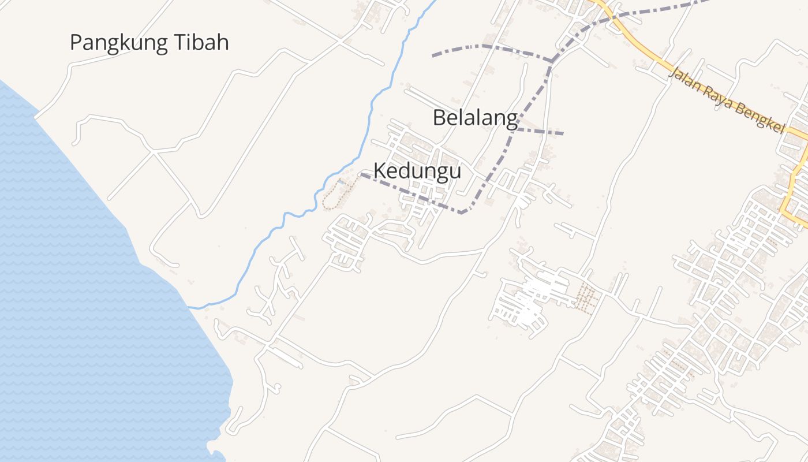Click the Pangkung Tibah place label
tap(149, 43)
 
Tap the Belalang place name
tap(475, 118)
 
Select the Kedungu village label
tap(417, 171)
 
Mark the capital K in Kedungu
tap(380, 171)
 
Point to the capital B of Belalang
tap(439, 118)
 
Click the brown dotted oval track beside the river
tap(333, 196)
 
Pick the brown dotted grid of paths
tap(586, 299)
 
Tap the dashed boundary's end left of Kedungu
tap(362, 174)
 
